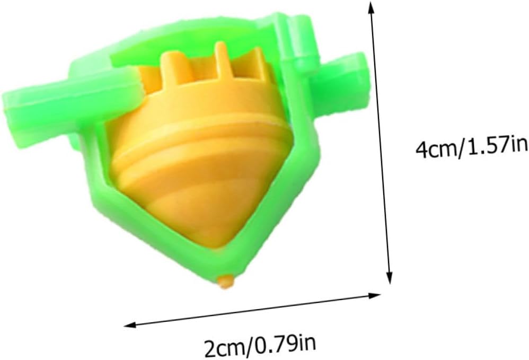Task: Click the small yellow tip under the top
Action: click(226, 282)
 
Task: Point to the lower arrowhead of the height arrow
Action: click(390, 277)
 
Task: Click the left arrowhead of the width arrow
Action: click(130, 325)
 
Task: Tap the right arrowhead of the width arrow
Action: click(374, 296)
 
